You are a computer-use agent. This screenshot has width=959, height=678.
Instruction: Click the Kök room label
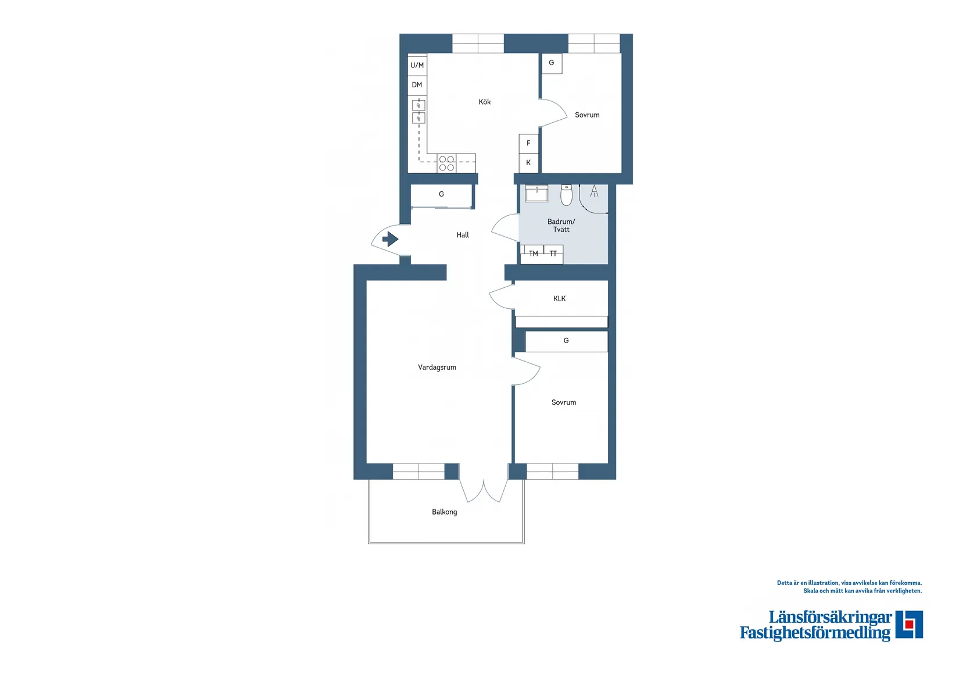tap(485, 102)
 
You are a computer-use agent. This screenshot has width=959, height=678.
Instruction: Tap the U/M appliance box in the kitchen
tap(417, 65)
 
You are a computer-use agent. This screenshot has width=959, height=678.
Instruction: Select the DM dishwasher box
tap(417, 85)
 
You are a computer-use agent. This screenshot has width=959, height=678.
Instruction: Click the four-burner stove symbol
tap(446, 163)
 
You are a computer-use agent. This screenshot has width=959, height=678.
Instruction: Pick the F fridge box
tap(528, 143)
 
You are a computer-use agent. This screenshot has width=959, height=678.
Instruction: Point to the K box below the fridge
tap(528, 163)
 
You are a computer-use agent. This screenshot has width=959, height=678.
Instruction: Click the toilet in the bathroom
tap(567, 195)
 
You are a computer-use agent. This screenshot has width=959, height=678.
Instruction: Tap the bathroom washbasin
tap(536, 193)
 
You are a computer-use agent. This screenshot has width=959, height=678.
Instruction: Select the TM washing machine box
tap(533, 254)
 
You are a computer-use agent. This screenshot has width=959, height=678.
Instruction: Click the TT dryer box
tap(553, 254)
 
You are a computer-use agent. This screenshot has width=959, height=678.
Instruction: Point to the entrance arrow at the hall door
tap(390, 239)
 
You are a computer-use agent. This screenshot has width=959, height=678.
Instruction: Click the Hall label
tap(463, 235)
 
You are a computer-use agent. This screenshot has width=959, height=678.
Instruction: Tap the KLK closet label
tap(559, 298)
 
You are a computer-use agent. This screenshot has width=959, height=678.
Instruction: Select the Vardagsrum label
tap(437, 367)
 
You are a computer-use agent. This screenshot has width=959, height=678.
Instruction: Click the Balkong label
tap(445, 512)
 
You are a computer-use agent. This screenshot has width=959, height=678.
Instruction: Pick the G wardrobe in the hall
tap(442, 194)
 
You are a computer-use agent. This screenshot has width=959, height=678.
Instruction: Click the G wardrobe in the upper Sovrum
tap(552, 63)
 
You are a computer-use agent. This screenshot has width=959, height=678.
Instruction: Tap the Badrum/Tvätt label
tap(561, 226)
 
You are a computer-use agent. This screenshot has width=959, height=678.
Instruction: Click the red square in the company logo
tap(910, 624)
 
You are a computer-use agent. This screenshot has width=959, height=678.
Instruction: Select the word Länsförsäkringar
tap(830, 618)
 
